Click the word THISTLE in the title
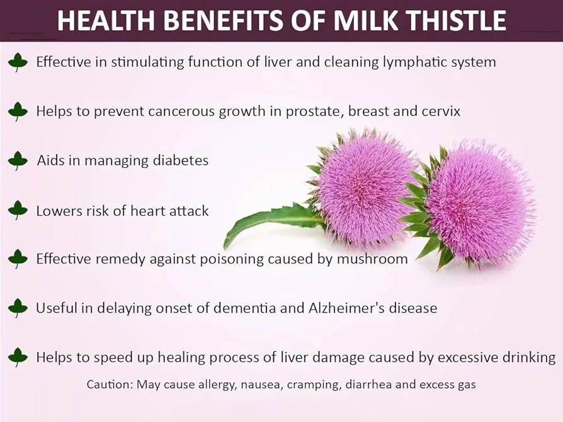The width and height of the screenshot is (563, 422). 453,20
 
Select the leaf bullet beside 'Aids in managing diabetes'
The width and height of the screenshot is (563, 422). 18,160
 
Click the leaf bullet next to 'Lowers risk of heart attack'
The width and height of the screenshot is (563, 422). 18,210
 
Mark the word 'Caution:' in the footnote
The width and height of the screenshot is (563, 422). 109,384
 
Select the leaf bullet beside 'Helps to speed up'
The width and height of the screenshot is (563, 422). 18,358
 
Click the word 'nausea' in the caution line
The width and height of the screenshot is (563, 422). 258,384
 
